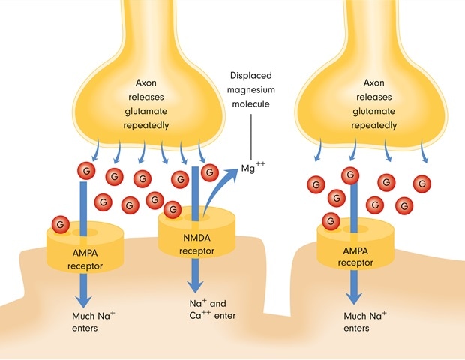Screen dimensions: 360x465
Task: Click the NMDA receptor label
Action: point(197,244)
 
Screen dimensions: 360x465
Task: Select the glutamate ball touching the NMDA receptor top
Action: point(173,209)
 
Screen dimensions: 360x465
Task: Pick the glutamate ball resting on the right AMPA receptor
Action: point(330,220)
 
